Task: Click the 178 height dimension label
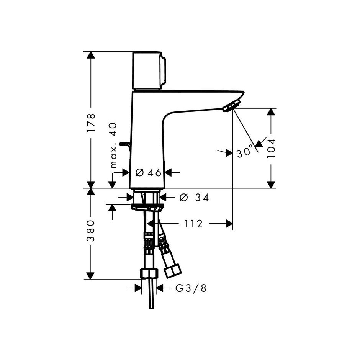91,123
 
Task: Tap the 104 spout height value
271,148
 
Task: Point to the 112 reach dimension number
193,224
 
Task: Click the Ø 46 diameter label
148,172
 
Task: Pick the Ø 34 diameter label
194,198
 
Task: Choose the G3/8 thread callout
191,288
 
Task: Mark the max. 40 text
114,145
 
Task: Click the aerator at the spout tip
231,105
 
